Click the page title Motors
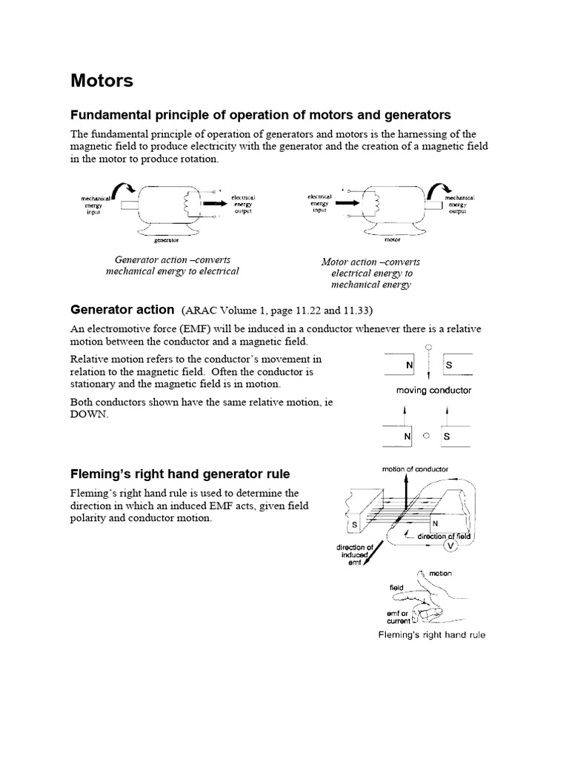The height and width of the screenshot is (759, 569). (x=102, y=81)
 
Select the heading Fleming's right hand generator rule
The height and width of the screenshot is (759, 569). (x=180, y=474)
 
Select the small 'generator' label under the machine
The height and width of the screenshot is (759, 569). (x=167, y=240)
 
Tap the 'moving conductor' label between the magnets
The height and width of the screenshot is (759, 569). (x=428, y=390)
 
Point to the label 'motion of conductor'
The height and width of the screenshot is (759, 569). (x=415, y=469)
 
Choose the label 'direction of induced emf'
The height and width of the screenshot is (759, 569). (x=353, y=554)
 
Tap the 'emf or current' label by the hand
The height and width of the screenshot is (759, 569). (x=399, y=617)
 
